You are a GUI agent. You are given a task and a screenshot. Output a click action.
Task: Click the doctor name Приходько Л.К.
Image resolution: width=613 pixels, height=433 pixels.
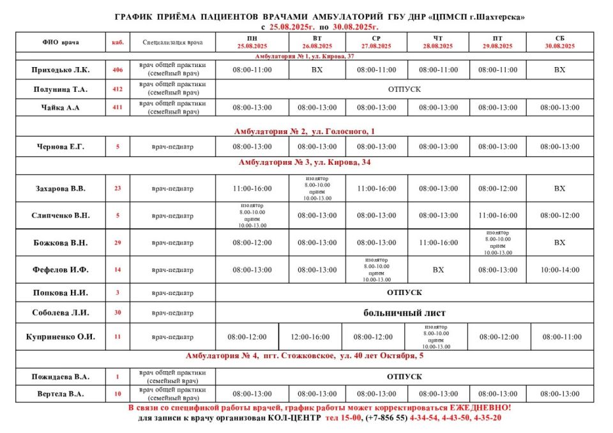click(61, 70)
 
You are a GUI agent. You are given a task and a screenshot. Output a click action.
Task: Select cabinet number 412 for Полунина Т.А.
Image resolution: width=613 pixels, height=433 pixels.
click(117, 89)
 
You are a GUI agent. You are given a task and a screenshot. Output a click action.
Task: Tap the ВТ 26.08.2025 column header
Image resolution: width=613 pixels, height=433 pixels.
click(317, 42)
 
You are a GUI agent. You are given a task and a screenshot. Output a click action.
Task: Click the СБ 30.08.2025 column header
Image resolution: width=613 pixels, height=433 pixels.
click(559, 42)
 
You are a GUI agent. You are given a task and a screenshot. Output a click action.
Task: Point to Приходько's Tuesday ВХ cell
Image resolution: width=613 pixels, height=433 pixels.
click(317, 70)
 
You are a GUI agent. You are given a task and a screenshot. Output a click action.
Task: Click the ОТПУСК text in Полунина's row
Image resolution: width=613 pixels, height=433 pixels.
click(405, 89)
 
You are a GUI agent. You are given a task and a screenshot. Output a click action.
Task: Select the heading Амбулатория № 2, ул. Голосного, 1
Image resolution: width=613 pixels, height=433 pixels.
click(304, 131)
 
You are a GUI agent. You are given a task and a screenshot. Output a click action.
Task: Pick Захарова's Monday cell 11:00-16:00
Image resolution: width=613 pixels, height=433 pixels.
click(252, 188)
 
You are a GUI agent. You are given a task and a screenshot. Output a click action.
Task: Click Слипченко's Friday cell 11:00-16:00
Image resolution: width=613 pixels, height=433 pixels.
click(498, 215)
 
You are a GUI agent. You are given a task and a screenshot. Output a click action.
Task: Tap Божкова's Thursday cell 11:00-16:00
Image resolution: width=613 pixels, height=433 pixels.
click(438, 243)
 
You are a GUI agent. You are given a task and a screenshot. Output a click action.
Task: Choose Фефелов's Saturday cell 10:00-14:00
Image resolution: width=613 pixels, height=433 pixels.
click(559, 270)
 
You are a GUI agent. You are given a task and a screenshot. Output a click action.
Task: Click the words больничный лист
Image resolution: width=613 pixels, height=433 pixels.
click(405, 313)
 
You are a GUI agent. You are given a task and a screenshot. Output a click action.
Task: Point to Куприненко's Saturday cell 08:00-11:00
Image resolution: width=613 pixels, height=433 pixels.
click(562, 337)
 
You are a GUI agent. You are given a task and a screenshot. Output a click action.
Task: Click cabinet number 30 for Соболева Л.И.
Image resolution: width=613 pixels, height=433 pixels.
click(117, 313)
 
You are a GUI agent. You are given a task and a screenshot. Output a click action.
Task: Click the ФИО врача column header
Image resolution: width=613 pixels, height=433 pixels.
click(61, 43)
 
